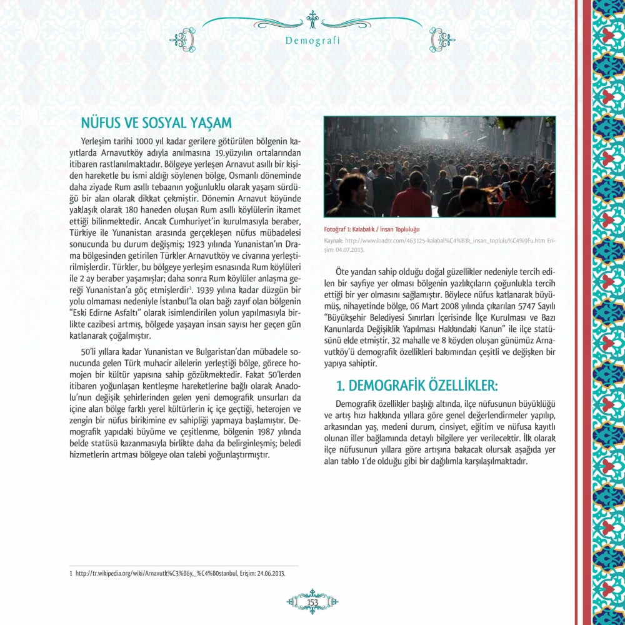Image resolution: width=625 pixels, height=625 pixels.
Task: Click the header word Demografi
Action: coord(312,41)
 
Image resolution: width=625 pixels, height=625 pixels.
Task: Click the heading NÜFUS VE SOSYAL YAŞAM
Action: coord(157,122)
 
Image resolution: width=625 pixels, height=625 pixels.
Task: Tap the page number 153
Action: coord(312,601)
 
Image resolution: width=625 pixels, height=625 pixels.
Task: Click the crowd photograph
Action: coord(439,167)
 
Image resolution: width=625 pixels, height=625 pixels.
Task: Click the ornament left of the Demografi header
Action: coord(182,40)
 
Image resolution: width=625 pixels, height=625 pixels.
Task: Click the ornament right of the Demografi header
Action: coord(442,40)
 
